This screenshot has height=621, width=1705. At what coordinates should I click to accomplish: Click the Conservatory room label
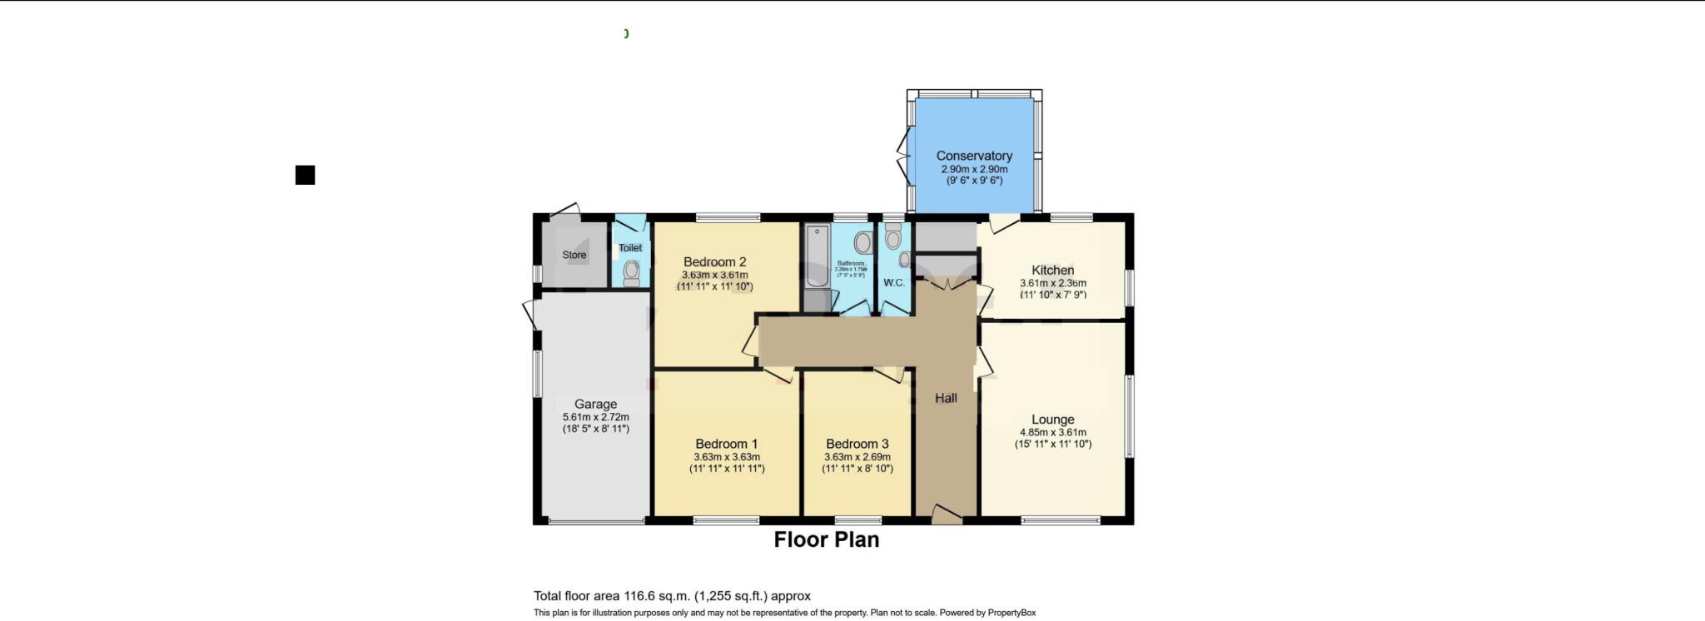click(973, 156)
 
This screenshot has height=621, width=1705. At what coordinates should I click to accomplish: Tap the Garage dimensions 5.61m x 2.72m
click(595, 417)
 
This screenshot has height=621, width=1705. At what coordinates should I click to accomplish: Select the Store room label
click(574, 255)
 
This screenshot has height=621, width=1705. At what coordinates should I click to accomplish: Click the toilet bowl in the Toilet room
click(632, 272)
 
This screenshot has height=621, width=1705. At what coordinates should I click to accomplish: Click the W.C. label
click(894, 283)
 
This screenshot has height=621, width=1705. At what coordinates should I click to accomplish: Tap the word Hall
click(946, 398)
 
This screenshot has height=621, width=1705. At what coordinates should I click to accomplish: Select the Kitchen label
click(1052, 270)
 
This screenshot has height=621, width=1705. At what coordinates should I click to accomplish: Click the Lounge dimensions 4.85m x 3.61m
click(1052, 432)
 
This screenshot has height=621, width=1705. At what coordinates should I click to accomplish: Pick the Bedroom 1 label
click(726, 444)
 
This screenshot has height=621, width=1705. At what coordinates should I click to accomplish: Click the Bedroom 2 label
click(714, 261)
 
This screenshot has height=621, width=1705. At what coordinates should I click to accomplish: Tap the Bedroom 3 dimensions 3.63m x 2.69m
click(857, 457)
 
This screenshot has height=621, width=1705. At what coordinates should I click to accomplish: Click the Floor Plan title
click(826, 539)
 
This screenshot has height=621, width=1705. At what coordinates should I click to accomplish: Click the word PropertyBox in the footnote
click(1012, 613)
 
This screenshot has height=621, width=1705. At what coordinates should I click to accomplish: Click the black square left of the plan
click(305, 175)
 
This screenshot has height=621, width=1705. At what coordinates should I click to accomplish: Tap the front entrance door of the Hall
click(946, 515)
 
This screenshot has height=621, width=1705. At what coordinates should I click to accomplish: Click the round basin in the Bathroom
click(862, 242)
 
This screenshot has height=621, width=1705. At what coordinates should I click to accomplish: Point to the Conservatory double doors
click(904, 155)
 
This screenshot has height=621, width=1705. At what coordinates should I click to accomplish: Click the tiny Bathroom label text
click(851, 263)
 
